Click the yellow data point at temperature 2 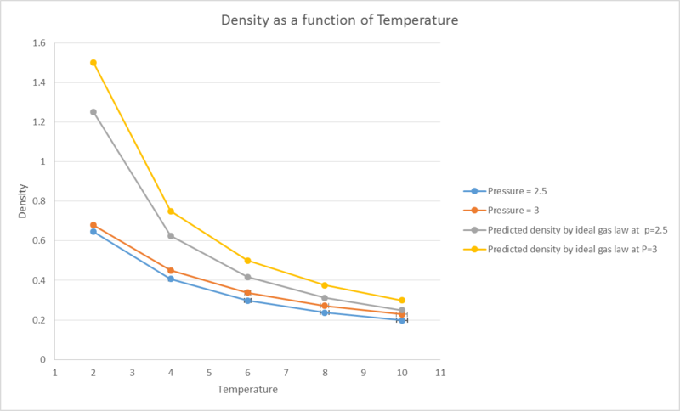[x=93, y=63]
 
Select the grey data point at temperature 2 [x=93, y=112]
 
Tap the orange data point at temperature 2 [x=93, y=225]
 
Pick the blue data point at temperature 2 [x=93, y=232]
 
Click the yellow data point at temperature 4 [x=171, y=211]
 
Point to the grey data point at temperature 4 [x=171, y=236]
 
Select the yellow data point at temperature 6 [x=247, y=261]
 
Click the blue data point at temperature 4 [x=171, y=279]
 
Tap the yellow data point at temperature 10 [x=402, y=301]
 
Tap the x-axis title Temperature [x=247, y=390]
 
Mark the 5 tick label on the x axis [x=209, y=372]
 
